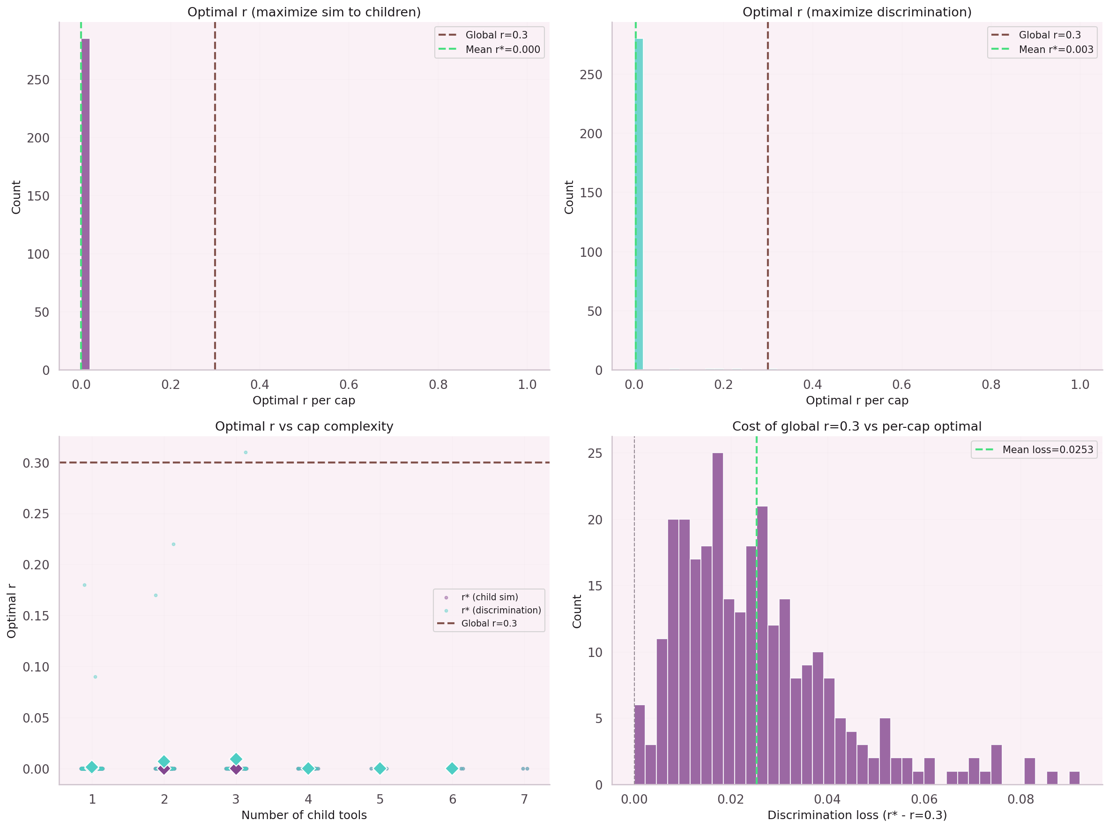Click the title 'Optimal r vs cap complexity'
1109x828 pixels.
pos(304,426)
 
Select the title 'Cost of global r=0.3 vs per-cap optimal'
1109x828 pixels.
pos(856,426)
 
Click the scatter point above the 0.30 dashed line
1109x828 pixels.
pos(246,452)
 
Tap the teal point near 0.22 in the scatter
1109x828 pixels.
pos(173,544)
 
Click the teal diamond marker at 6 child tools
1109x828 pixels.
pos(452,768)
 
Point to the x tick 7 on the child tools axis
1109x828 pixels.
pos(524,799)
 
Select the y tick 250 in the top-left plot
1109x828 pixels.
pos(38,80)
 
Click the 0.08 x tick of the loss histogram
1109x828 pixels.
pos(1020,799)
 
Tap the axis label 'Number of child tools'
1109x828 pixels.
pos(304,815)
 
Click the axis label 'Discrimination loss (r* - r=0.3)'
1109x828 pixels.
pos(856,815)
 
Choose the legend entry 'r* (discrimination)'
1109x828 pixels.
pos(501,610)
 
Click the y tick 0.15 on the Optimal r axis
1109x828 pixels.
pos(36,615)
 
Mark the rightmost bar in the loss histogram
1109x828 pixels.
pos(1074,777)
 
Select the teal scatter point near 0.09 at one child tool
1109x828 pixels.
pos(95,677)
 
